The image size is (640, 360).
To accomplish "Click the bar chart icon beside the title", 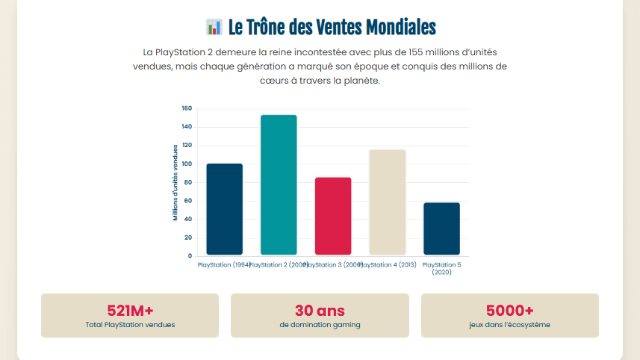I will tap(214, 28).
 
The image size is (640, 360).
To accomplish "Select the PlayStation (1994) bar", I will tap(224, 209).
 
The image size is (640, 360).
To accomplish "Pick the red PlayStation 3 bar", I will tap(333, 216).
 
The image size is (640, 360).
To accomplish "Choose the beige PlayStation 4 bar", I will tap(387, 202).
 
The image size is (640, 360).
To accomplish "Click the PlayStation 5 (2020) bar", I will tap(441, 229).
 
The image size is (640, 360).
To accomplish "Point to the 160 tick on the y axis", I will tap(187, 108).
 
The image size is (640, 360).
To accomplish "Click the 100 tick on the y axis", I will tap(187, 164).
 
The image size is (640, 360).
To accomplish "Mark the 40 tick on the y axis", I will tap(188, 220).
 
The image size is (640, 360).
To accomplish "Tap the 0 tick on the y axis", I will tap(190, 256).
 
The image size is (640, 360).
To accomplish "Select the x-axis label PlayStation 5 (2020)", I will tap(441, 268).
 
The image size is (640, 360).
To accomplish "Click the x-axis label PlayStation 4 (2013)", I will tap(388, 265).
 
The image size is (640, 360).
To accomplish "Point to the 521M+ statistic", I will tap(130, 311).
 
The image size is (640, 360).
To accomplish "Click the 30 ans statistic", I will tap(320, 311).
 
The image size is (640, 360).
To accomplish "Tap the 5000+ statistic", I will tap(509, 311).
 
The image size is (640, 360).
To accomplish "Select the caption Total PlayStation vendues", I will tap(130, 325).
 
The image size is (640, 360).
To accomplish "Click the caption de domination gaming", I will tap(320, 325).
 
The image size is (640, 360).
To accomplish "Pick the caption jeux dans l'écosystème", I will tap(509, 325).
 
